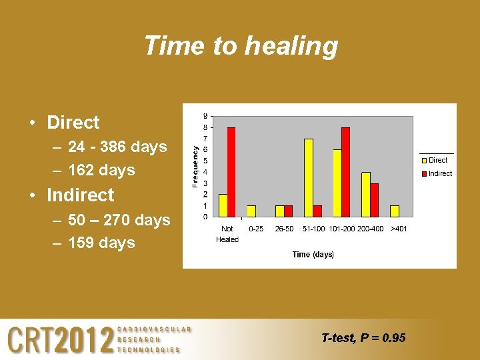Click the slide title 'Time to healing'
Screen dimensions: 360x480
click(241, 46)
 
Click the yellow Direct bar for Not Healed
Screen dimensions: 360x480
click(223, 205)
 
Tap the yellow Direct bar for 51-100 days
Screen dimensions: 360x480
click(309, 178)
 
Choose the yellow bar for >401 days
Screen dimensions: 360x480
click(395, 211)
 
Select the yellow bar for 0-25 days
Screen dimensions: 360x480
click(251, 211)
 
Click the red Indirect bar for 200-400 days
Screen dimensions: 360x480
click(374, 200)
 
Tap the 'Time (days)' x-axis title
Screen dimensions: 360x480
click(313, 255)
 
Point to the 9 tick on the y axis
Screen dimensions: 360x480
click(205, 115)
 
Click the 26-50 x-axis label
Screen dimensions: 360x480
click(284, 229)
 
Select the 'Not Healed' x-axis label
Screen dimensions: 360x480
click(227, 234)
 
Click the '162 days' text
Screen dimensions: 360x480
click(101, 170)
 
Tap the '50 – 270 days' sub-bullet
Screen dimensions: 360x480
click(119, 219)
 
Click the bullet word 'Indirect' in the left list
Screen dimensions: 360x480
click(81, 195)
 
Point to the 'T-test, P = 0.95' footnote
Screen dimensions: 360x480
click(363, 338)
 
